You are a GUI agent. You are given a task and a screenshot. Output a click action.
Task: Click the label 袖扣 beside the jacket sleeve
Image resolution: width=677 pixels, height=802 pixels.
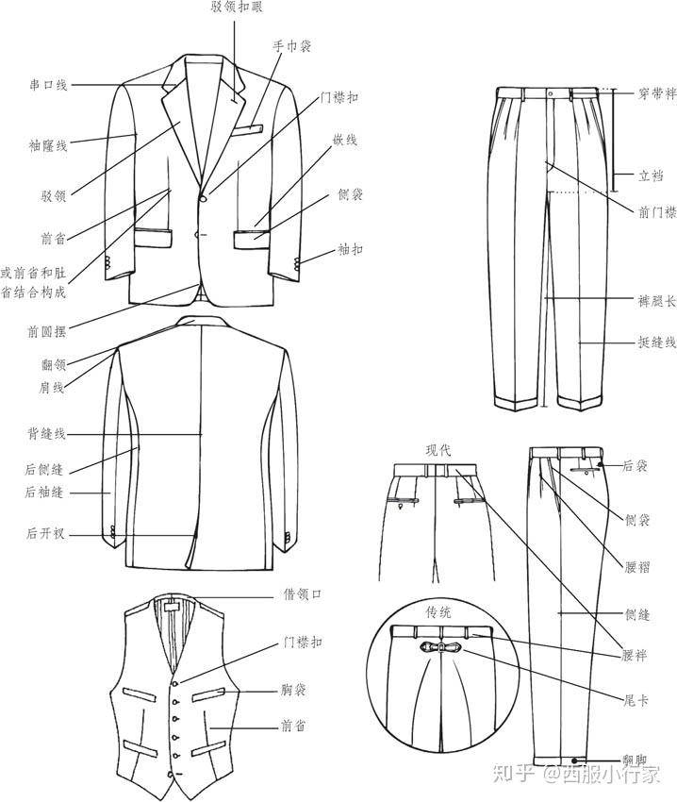click(x=350, y=250)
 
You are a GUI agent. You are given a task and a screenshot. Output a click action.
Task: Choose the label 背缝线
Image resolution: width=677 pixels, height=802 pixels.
click(x=45, y=434)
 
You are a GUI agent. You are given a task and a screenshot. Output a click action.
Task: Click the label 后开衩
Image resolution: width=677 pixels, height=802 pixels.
click(x=45, y=534)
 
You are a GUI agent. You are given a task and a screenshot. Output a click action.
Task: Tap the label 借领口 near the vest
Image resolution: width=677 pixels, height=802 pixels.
click(x=304, y=594)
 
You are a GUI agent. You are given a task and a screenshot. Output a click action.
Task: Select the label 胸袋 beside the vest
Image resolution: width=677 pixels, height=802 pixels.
click(x=298, y=689)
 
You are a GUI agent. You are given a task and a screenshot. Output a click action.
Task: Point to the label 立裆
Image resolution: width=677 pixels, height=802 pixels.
click(x=651, y=175)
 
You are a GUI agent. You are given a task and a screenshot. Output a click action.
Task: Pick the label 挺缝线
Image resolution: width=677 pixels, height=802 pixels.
click(x=657, y=343)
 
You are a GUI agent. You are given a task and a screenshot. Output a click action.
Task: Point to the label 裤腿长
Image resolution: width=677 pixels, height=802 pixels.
click(x=657, y=302)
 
